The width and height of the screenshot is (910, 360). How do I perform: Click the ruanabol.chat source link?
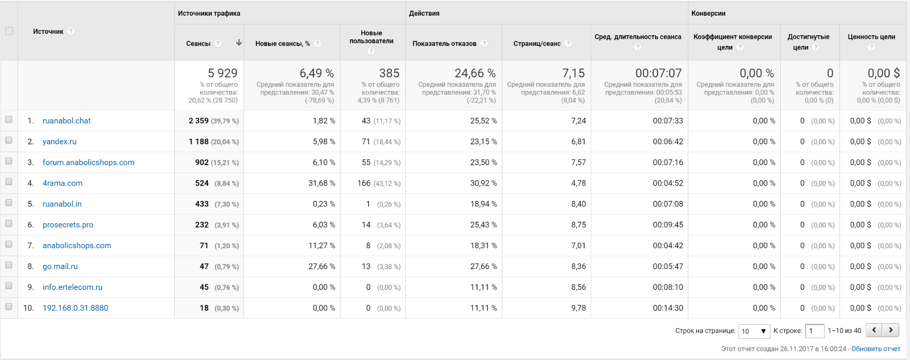pos(66,121)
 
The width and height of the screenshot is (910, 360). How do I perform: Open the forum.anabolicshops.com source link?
pos(88,162)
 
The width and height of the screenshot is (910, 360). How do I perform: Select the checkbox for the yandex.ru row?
pos(9,140)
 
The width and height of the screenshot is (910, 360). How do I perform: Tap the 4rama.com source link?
pos(62,183)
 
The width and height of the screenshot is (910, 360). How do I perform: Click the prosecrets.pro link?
pos(68,225)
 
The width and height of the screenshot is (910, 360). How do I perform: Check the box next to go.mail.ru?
pos(9,265)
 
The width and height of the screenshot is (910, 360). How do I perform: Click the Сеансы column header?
pos(198,44)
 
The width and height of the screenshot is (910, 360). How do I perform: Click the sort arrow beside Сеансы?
pos(239,43)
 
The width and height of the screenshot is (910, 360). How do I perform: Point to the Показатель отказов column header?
pos(444,44)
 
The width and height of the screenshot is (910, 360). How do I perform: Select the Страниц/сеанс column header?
pos(537,44)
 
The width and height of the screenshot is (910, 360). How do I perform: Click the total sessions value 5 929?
pos(222,73)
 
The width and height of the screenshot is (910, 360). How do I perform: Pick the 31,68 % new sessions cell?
pos(321,183)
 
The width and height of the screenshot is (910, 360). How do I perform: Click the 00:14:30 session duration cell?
pos(667,308)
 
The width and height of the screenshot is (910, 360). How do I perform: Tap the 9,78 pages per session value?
pos(578,308)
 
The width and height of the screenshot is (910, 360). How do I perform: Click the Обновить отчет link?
pos(875,349)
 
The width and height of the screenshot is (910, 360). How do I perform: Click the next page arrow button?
pos(891,330)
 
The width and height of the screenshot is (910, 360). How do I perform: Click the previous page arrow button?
pos(874,330)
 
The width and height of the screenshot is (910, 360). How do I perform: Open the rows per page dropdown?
pos(754,331)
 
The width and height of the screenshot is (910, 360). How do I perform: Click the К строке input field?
pos(814,331)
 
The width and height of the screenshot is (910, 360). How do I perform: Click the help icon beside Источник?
pos(71,31)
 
